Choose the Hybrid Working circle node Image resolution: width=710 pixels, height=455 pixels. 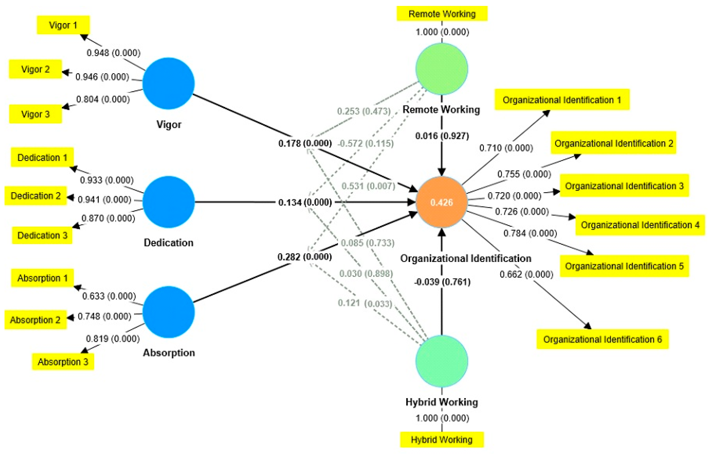coord(441,361)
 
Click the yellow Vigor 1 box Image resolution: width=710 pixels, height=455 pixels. coord(63,25)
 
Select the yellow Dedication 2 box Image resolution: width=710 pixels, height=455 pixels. coord(35,196)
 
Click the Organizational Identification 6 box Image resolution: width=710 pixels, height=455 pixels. coord(602,339)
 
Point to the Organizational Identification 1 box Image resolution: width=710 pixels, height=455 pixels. coord(562,100)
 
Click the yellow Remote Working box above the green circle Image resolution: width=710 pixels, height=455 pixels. coord(442,14)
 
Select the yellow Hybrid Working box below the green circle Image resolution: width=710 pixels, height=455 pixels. coord(442,440)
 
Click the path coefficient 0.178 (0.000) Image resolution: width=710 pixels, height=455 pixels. coord(305,143)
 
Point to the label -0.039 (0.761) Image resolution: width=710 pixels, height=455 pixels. coord(442,282)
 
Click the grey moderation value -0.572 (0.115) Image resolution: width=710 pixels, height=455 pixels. coord(366,144)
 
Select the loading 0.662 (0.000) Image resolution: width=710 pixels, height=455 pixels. coord(526,274)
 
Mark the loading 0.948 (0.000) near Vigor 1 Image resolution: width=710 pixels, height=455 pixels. coord(113,53)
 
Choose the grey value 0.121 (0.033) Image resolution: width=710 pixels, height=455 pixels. coord(365,303)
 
